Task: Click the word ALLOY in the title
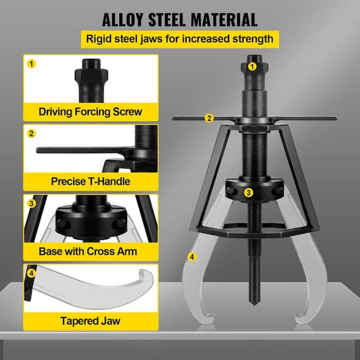click(122, 20)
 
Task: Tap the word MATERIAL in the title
click(224, 20)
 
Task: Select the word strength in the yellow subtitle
click(253, 39)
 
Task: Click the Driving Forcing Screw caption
click(90, 112)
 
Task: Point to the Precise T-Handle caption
click(91, 181)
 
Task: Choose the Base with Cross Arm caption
click(88, 251)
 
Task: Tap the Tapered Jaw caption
click(90, 321)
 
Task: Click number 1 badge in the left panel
click(31, 64)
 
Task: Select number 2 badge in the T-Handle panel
click(31, 134)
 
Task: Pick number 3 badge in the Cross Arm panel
click(31, 203)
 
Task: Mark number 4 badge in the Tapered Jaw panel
click(31, 273)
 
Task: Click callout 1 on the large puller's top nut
click(253, 67)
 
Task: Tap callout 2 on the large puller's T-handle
click(209, 118)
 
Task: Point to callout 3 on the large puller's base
click(248, 193)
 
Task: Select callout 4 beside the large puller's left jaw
click(192, 257)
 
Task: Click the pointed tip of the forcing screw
click(254, 304)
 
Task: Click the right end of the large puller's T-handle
click(336, 118)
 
